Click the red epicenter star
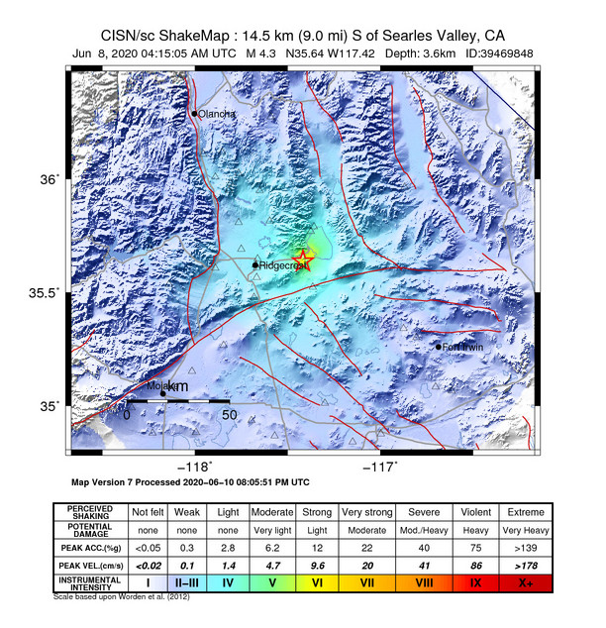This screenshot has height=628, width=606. coord(303,261)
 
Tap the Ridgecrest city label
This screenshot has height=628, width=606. coord(278,265)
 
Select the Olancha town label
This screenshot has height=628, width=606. coord(217,114)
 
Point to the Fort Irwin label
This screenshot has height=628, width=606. coord(463,347)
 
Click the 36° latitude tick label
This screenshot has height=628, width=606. coord(49,179)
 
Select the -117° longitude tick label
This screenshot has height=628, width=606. coord(381,466)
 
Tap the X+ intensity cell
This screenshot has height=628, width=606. coord(526,584)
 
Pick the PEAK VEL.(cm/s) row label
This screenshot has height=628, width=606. coord(91,566)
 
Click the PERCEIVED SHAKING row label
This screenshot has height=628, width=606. coord(91,512)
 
